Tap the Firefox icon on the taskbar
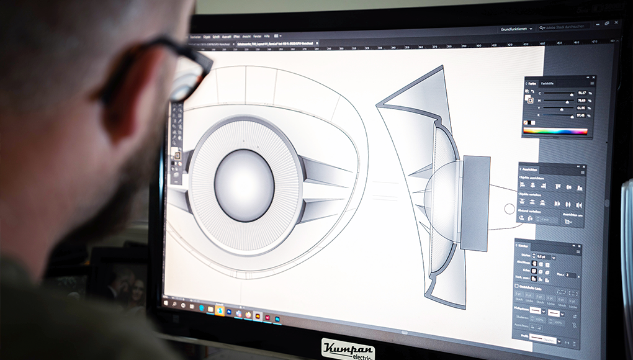[248, 315]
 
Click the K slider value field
[582, 115]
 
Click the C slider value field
[582, 93]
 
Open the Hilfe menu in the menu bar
[266, 37]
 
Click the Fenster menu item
[256, 37]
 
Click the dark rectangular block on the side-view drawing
[475, 202]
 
